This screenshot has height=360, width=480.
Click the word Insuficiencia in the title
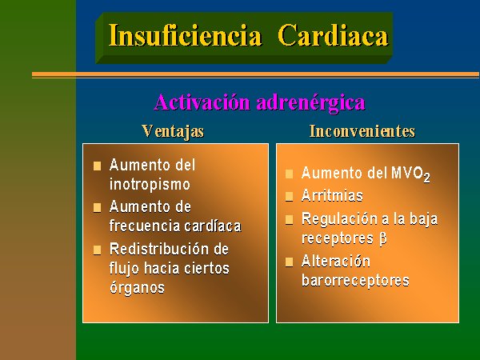[186, 35]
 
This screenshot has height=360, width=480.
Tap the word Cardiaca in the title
[333, 35]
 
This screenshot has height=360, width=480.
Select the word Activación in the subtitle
[202, 102]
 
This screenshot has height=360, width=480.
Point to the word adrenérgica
[311, 103]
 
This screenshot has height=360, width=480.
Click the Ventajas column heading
[173, 132]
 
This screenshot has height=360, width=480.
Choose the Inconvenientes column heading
[362, 131]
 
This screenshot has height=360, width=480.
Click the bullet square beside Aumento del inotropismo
[98, 166]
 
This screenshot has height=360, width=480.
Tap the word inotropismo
[150, 184]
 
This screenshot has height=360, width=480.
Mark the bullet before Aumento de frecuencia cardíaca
[98, 207]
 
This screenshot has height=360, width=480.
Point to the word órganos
[137, 288]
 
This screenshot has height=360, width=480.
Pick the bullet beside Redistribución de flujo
[98, 250]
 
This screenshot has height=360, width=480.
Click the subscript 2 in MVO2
[426, 178]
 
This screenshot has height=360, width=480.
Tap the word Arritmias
[332, 196]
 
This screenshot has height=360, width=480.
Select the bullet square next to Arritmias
[290, 197]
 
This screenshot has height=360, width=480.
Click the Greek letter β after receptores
[383, 238]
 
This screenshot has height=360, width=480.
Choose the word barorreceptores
[355, 280]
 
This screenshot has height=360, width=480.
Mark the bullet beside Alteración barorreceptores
[290, 262]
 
